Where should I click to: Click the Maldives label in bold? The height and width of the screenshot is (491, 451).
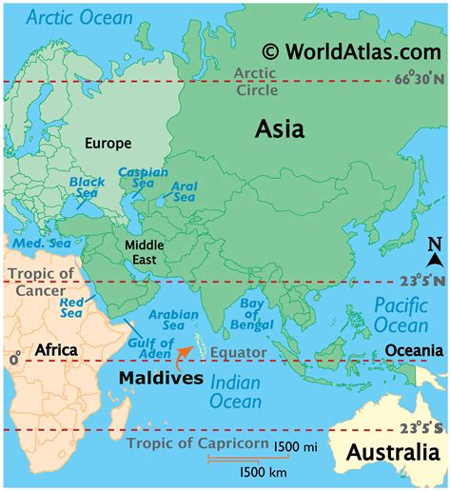(161, 378)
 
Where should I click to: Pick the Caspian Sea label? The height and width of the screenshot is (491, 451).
(136, 178)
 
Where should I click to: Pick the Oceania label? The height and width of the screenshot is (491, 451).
(415, 351)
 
